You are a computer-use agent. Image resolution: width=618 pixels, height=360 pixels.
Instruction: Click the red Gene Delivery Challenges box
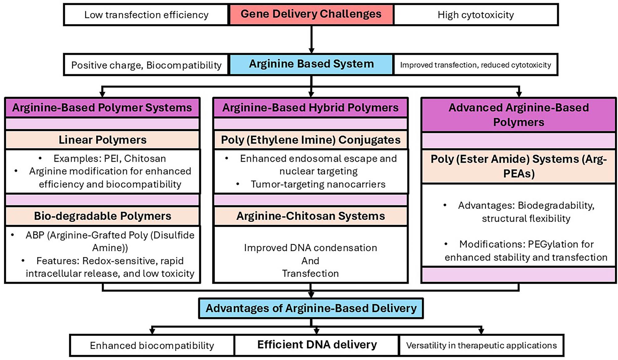point(311,14)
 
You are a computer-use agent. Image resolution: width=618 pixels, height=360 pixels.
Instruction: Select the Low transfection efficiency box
point(146,15)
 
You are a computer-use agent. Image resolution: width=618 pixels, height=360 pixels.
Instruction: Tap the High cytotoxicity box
point(476,15)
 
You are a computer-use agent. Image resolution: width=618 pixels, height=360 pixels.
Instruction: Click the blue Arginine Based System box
point(311,64)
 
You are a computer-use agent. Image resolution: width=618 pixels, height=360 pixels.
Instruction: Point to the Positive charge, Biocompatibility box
point(146,65)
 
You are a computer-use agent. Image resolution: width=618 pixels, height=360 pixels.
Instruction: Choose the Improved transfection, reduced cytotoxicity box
point(476,65)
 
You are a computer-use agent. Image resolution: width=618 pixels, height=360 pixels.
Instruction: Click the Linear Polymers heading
point(102,140)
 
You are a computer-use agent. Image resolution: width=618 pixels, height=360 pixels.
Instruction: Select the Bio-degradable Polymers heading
point(102,216)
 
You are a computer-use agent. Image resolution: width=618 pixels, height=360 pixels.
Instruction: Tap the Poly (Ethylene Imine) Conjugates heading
point(311,140)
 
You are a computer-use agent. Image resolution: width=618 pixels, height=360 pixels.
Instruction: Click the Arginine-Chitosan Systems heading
point(311,216)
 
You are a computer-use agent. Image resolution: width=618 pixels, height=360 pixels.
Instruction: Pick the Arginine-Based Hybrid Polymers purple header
point(311,108)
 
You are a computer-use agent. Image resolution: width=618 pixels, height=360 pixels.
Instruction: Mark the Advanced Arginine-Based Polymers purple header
point(519,115)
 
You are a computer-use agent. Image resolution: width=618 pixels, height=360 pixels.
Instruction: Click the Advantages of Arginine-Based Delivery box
point(311,308)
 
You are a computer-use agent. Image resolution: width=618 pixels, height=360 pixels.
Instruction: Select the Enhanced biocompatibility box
point(152,345)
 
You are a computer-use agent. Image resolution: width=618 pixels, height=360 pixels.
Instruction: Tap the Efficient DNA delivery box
point(317,345)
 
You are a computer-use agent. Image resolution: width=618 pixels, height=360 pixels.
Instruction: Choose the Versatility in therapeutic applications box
point(481,345)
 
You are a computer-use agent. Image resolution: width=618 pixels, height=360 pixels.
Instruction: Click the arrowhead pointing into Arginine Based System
point(311,50)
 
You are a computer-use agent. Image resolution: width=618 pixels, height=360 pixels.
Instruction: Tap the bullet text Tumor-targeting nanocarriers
point(318,184)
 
